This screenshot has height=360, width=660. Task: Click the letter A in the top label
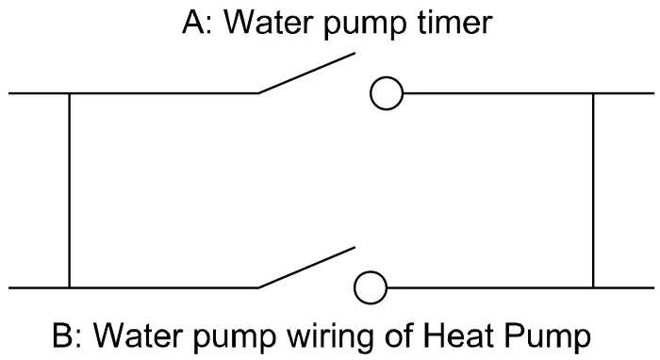[x=192, y=23]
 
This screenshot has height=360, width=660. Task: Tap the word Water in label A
[x=269, y=23]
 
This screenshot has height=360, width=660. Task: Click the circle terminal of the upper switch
[x=385, y=93]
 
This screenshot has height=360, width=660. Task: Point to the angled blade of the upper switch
[x=307, y=74]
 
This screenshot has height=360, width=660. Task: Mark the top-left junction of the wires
[x=69, y=93]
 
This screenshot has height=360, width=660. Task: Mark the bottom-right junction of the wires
[x=593, y=287]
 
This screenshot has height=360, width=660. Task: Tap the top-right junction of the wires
[x=593, y=93]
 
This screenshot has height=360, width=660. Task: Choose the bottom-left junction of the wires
[x=69, y=287]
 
